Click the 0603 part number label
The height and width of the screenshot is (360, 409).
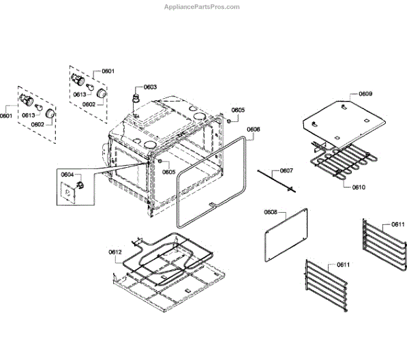click(x=149, y=87)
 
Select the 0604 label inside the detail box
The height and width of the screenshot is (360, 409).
click(x=67, y=175)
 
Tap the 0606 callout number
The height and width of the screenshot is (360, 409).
click(x=253, y=130)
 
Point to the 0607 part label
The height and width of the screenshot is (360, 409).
click(x=286, y=170)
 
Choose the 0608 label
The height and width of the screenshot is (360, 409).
click(x=270, y=213)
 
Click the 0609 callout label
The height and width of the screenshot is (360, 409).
click(x=365, y=93)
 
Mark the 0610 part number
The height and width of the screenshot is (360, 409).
click(x=358, y=187)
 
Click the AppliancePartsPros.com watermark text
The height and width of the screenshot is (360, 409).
click(x=202, y=7)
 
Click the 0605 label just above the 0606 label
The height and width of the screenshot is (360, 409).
click(x=238, y=110)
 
